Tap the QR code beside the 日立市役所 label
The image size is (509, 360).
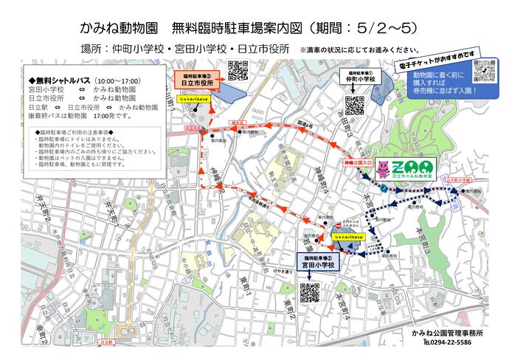[238, 71]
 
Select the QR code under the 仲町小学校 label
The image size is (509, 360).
[354, 105]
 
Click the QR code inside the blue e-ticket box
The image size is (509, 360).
[484, 72]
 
